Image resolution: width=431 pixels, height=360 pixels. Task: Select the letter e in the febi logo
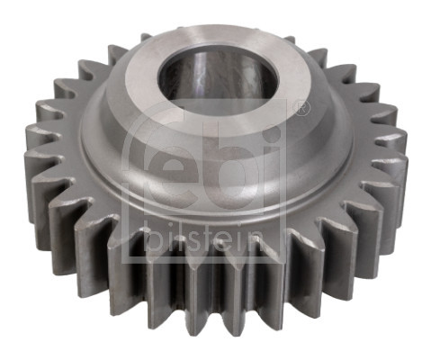[x=180, y=172]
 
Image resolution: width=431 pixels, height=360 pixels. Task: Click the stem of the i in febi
[x=273, y=181]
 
